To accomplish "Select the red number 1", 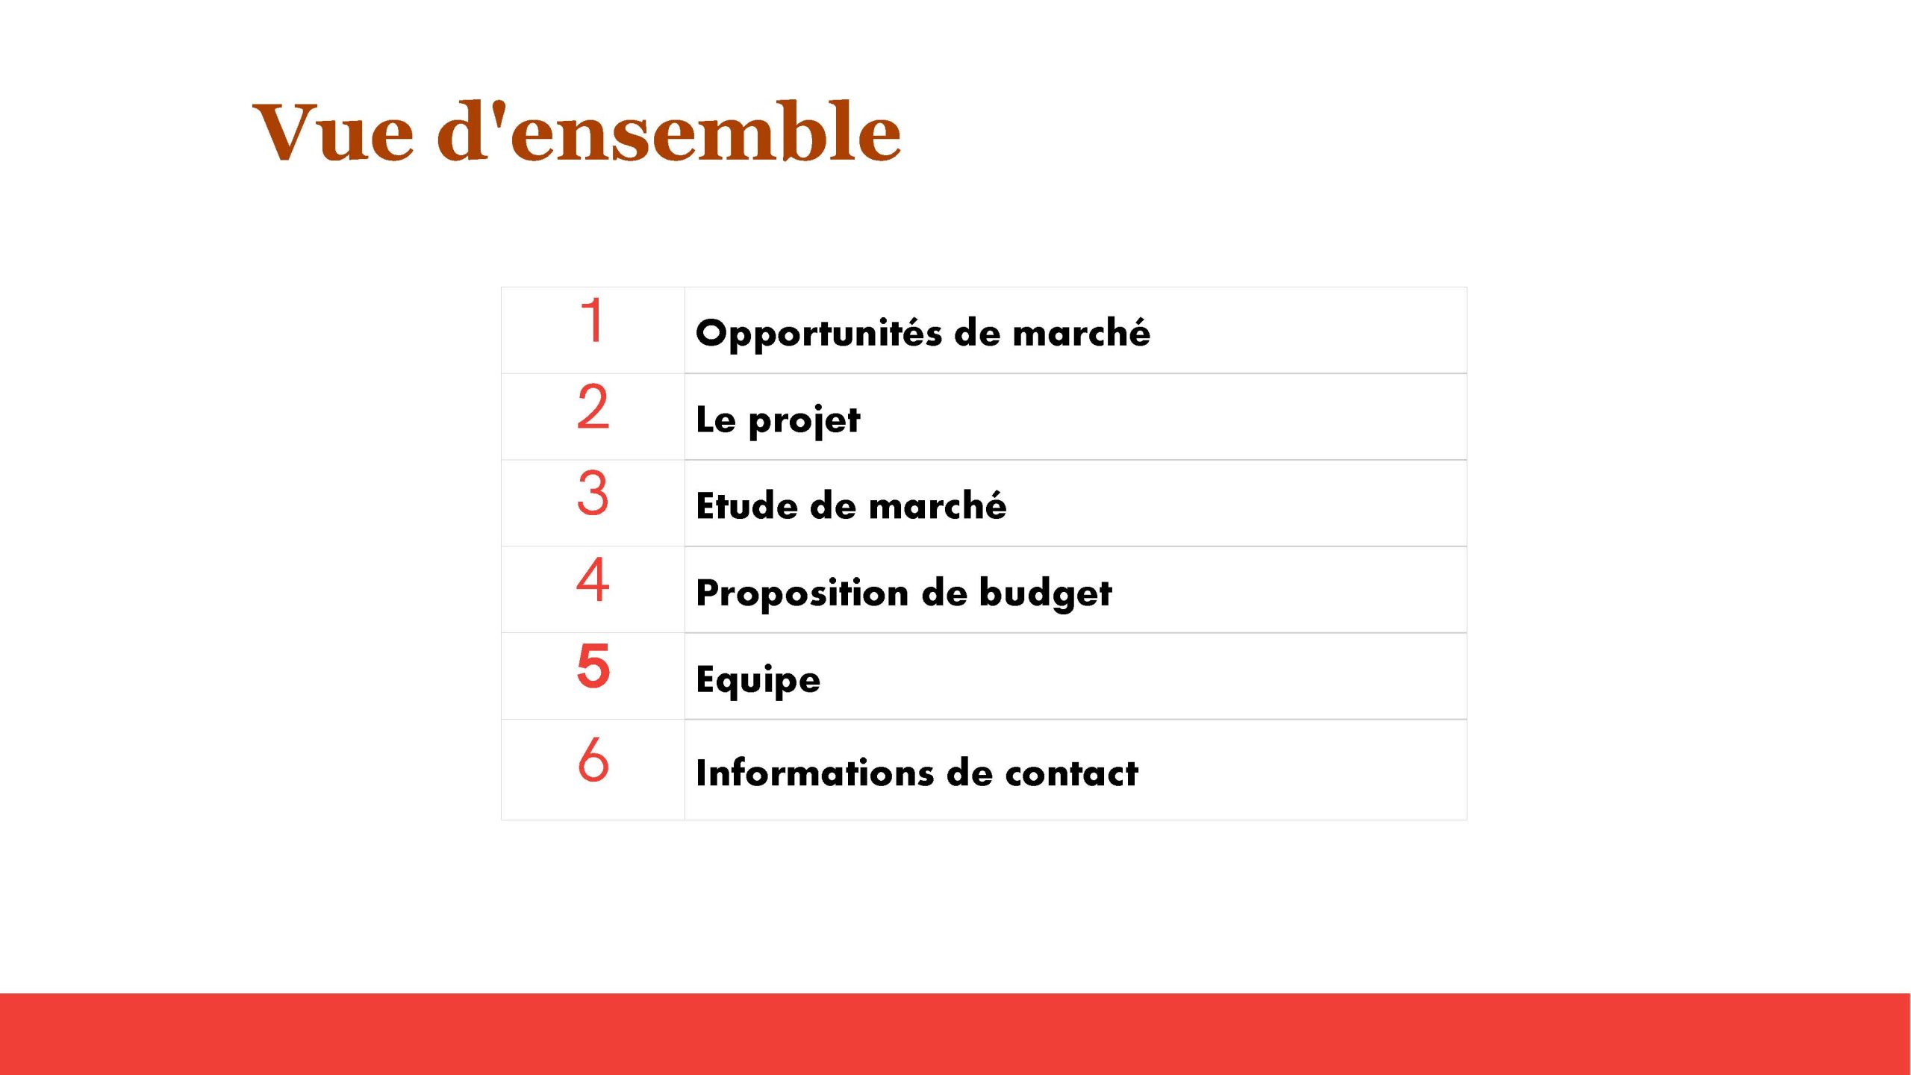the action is [x=593, y=320].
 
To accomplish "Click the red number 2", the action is [x=593, y=407].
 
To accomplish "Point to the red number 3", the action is [x=593, y=493].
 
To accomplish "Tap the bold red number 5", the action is [x=593, y=666].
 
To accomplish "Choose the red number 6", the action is [x=593, y=759].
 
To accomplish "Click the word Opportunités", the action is [x=819, y=334].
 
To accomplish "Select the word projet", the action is [x=804, y=421].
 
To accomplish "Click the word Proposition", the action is [x=802, y=593].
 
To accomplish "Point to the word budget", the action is [x=1045, y=593].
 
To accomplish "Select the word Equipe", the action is [x=758, y=680].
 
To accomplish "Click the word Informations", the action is [x=814, y=773].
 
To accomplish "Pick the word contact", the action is [x=1072, y=773].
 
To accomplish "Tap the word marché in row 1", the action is [x=1081, y=332].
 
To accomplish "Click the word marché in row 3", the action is [x=938, y=505].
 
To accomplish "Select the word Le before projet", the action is [x=716, y=420].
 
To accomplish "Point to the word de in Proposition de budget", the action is [x=944, y=593].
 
